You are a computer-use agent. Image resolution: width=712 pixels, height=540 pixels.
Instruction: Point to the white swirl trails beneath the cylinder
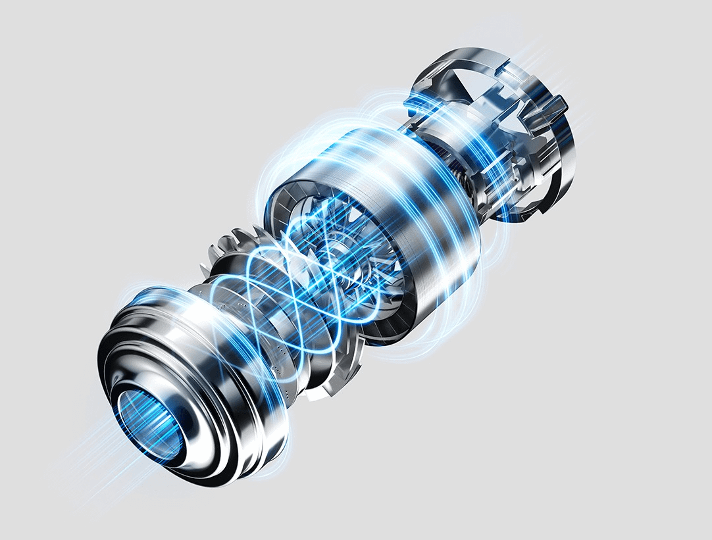(421, 342)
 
